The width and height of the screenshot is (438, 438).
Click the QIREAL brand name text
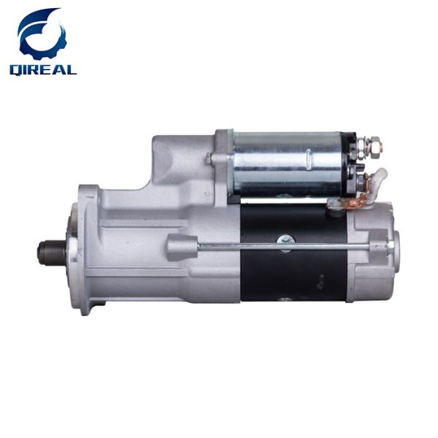42,69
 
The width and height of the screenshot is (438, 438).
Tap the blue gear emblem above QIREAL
42,35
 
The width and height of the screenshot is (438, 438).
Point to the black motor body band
292,252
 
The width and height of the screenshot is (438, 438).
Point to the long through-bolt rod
292,247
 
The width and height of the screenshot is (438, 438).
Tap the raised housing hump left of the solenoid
175,157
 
